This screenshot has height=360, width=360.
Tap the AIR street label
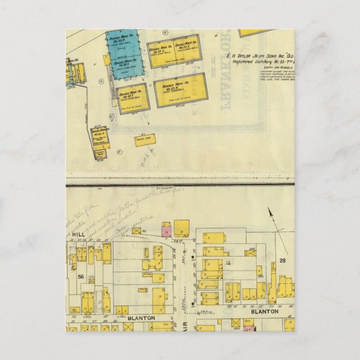click(183, 323)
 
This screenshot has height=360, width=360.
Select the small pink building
click(166, 230)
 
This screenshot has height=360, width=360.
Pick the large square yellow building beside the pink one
click(181, 228)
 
